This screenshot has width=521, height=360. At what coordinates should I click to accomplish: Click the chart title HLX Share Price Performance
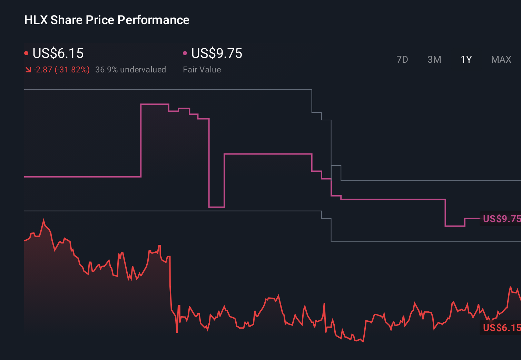click(107, 20)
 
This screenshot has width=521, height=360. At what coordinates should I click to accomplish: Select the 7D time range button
click(402, 60)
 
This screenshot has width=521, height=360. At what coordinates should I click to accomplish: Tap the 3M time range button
click(434, 60)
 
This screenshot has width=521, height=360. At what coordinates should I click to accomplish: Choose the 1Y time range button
click(466, 60)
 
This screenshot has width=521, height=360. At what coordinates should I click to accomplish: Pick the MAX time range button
click(501, 60)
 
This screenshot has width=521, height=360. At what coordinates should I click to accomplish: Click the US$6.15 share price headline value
click(58, 53)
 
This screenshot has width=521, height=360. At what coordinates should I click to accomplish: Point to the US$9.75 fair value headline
click(217, 53)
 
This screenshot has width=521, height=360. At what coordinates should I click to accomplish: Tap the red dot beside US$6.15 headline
click(26, 53)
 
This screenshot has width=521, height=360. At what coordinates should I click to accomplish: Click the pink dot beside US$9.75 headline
click(185, 53)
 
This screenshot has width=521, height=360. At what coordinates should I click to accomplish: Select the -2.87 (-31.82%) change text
click(62, 70)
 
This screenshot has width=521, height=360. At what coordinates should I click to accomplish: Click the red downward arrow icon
click(28, 70)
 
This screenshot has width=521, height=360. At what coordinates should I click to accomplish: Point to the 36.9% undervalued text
click(130, 70)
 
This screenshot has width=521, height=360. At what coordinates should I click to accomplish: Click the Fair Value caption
click(202, 70)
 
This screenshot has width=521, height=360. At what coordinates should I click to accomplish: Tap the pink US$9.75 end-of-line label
click(501, 219)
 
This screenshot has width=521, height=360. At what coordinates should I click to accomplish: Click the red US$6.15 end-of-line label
click(501, 328)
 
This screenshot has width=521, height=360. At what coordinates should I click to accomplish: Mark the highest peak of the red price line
click(44, 220)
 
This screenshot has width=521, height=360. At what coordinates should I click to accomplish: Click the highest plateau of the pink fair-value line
click(155, 104)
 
